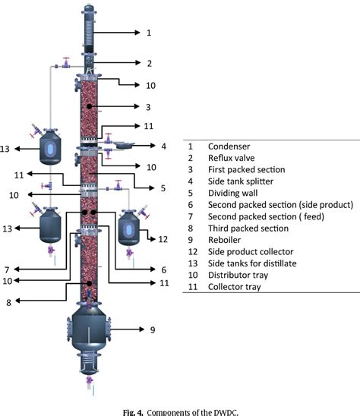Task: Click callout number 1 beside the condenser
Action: (x=149, y=33)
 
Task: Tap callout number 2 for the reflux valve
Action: (x=149, y=63)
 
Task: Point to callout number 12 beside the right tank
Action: (x=162, y=239)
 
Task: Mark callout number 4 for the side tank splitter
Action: (x=163, y=146)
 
